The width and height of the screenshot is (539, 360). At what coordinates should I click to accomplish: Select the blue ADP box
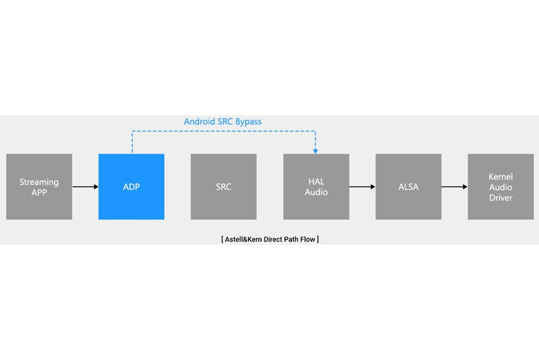coord(131,187)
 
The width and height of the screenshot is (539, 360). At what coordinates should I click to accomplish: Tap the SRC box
coord(223,187)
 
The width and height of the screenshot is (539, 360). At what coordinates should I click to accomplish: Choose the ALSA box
coord(408,187)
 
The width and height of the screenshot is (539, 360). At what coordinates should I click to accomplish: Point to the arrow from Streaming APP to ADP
coord(85,187)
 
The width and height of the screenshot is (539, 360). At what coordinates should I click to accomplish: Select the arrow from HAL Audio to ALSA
coord(362,187)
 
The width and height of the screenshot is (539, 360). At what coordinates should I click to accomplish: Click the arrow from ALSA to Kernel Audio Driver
coord(455,187)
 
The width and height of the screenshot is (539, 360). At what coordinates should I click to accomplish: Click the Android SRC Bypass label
coord(222,121)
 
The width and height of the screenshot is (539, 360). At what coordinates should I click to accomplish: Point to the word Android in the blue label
coord(199,121)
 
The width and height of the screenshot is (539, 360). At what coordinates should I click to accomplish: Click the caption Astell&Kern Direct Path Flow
coord(270,239)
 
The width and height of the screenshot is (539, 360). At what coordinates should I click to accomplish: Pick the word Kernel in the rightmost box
coord(501,177)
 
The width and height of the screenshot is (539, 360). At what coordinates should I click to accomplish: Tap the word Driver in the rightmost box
coord(501,197)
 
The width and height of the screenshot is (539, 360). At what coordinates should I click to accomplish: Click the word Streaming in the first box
coord(39,182)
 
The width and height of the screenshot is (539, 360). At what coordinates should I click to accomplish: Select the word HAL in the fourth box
coord(316,182)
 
